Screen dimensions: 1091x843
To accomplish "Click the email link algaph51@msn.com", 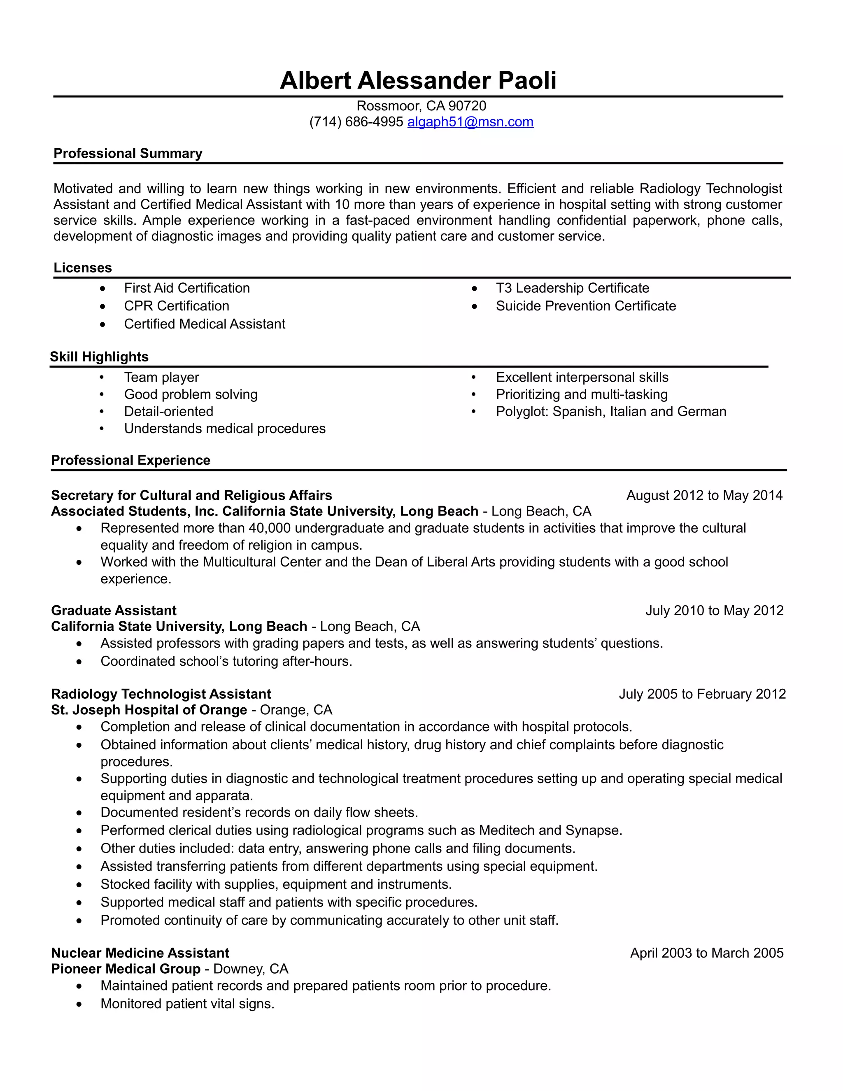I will tap(470, 122).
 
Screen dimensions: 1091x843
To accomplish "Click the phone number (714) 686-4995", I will tap(356, 122).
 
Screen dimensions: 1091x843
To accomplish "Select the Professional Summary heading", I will tap(128, 154).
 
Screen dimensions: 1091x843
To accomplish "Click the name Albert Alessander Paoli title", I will tap(418, 80).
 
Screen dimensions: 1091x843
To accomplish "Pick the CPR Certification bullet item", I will tap(176, 306).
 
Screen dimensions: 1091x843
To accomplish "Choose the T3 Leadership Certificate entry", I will tap(572, 288).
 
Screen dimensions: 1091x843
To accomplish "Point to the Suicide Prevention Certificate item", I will tap(586, 306).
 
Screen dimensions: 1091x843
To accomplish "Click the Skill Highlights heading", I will tap(99, 357).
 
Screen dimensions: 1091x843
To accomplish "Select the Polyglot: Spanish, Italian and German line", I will tap(611, 412).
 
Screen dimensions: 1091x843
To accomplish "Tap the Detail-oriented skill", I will tap(168, 412).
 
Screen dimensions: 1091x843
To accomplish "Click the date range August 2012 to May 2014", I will tap(704, 496).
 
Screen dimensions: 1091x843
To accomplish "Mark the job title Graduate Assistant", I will tap(114, 611).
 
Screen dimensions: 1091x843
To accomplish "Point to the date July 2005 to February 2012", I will tap(702, 694).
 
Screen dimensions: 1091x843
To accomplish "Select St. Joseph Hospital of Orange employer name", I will tap(149, 710).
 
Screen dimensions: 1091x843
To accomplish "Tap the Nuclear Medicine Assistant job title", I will tap(140, 953).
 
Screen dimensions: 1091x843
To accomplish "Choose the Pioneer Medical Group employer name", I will tap(126, 969).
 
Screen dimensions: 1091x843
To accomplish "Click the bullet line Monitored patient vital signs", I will tap(187, 1004).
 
